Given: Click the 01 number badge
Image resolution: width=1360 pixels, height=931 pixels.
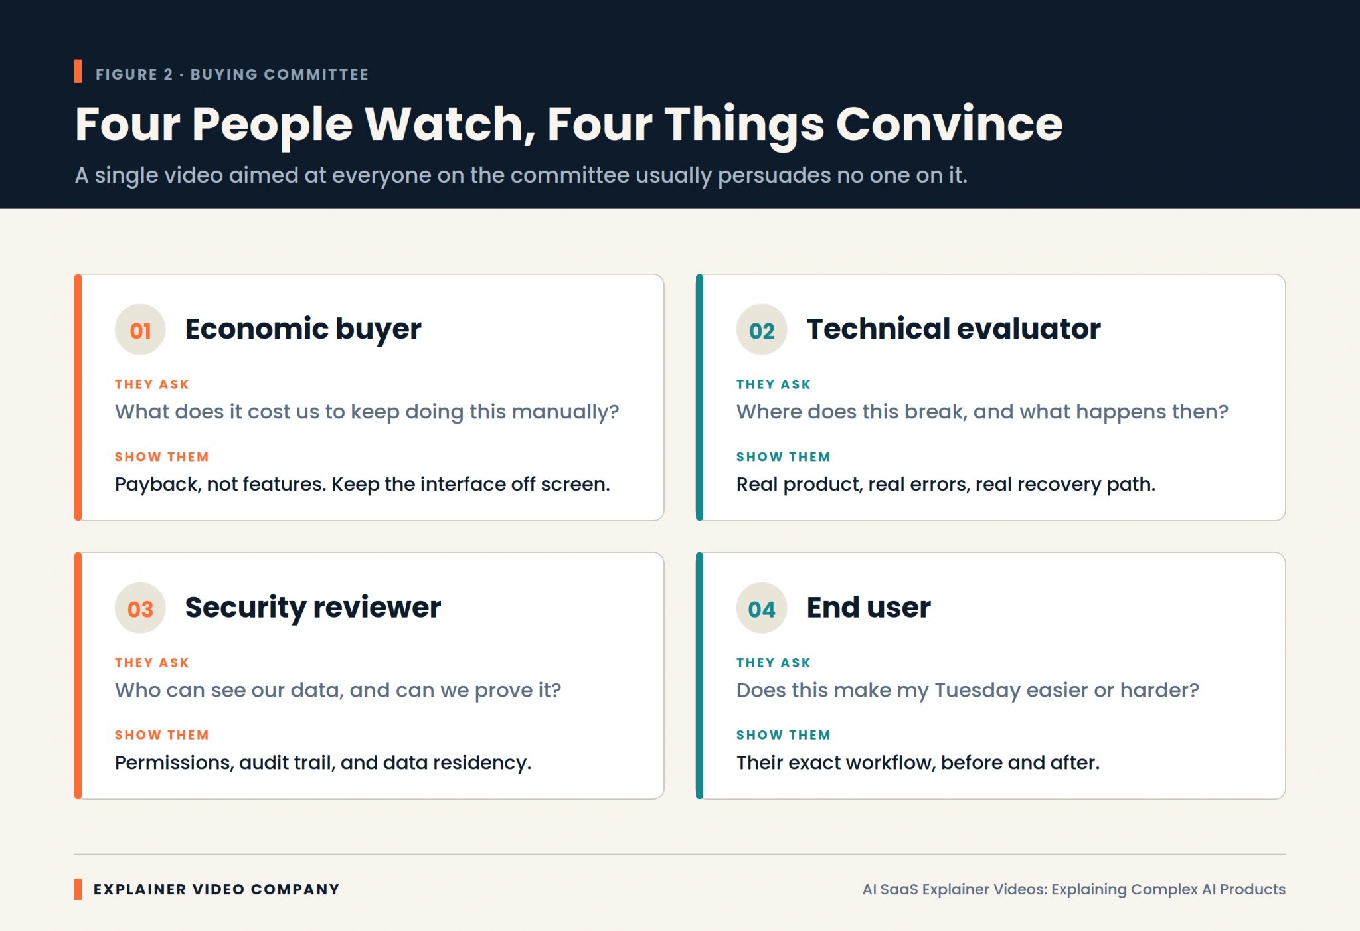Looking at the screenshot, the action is pos(140,329).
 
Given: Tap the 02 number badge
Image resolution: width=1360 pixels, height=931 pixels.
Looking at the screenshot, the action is pos(762,329).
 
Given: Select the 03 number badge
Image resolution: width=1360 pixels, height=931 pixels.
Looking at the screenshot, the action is pos(140,608).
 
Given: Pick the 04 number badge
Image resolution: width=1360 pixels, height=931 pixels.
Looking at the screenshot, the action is pos(762,608).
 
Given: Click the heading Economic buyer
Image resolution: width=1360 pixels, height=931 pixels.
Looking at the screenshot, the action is pos(303,329).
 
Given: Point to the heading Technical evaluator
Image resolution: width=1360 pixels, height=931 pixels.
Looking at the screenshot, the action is pos(954,329).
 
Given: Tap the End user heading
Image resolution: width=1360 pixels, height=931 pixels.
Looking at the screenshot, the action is pos(869,608).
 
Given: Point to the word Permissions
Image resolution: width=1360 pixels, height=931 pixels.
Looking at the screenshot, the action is pos(175,762).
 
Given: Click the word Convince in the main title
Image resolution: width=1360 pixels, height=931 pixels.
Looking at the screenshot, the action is pos(949,124).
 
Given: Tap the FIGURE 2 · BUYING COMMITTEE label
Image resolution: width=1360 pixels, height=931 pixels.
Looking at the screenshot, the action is pos(232,74).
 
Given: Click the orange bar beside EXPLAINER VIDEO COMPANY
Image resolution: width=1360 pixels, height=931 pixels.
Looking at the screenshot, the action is pos(78,889).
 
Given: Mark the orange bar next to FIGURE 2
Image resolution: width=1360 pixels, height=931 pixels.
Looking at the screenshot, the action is pos(78,72).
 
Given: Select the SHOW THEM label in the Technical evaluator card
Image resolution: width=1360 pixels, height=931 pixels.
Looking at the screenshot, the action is pos(784,457).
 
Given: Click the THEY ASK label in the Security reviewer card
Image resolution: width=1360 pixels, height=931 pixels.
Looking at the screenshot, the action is pos(152,663).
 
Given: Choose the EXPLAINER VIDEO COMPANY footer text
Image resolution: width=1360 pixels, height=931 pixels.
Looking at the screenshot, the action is pos(216,890).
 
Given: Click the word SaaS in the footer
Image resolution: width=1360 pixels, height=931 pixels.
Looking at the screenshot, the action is pos(899,890).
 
